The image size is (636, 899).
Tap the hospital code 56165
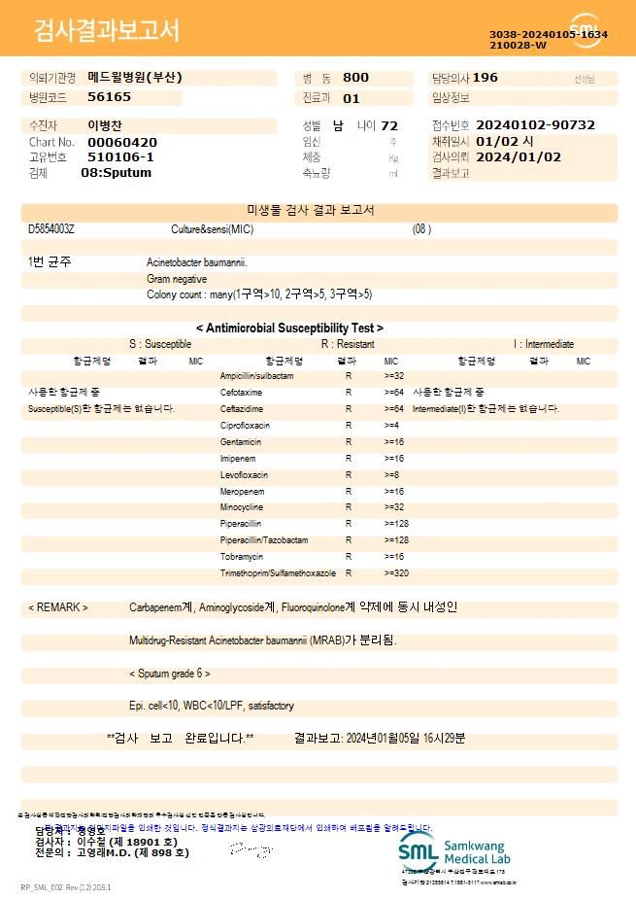[x=109, y=97]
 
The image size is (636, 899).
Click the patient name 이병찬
[x=105, y=125]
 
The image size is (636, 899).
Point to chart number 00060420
[x=121, y=142]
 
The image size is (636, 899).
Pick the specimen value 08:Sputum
[x=116, y=173]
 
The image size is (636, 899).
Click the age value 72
[x=389, y=125]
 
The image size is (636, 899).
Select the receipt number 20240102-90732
[x=535, y=125]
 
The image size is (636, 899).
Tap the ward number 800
[x=355, y=78]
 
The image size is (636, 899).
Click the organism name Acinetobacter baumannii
[x=197, y=262]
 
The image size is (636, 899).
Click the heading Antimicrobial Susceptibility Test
[x=289, y=328]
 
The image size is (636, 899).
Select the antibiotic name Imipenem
[x=238, y=458]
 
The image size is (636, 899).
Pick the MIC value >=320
[x=396, y=573]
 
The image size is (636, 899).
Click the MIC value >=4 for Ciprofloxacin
[x=392, y=426]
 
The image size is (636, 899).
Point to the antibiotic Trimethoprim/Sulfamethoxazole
[x=278, y=573]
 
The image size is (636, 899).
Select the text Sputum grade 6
[x=170, y=674]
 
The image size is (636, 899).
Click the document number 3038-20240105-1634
[x=548, y=34]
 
